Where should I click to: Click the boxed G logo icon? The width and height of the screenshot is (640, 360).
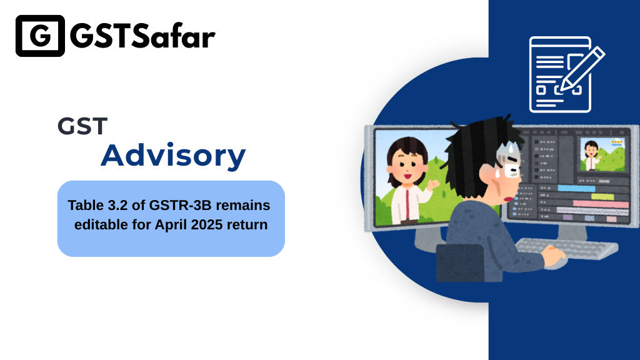pyautogui.click(x=40, y=36)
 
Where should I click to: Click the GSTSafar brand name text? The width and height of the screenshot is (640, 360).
pyautogui.click(x=142, y=36)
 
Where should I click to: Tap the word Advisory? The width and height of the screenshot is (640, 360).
pyautogui.click(x=173, y=156)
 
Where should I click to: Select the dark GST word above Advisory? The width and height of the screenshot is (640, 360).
pyautogui.click(x=82, y=126)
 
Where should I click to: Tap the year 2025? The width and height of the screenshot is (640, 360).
pyautogui.click(x=206, y=224)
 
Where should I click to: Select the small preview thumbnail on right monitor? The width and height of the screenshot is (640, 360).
pyautogui.click(x=602, y=155)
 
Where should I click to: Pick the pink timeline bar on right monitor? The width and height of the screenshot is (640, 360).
pyautogui.click(x=600, y=203)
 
